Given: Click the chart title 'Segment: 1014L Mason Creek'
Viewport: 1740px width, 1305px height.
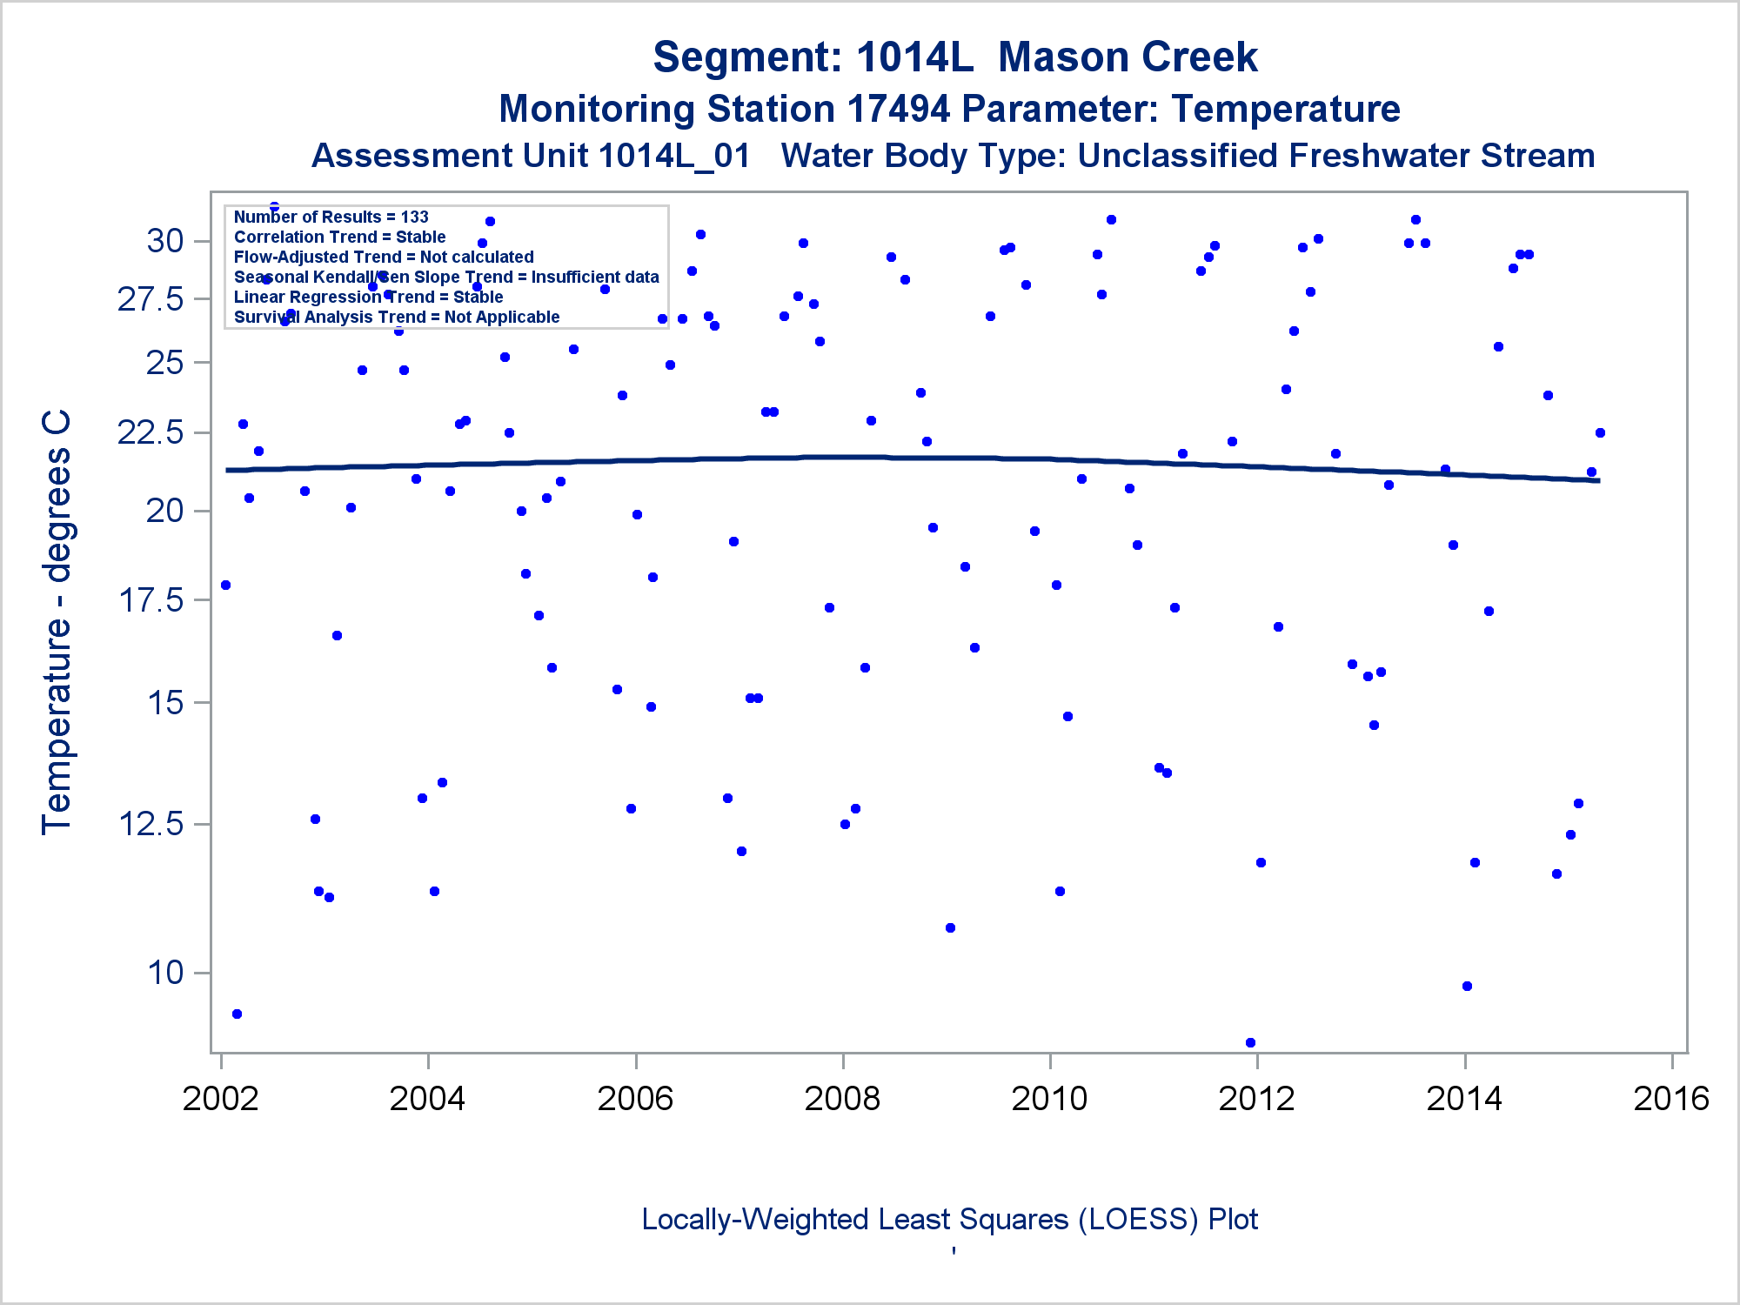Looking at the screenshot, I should (x=954, y=57).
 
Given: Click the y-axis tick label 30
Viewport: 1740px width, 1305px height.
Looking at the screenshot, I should (x=165, y=241).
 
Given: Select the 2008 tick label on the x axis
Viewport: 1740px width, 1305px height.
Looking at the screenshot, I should (x=842, y=1099).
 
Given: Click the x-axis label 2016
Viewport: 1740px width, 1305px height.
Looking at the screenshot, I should (x=1671, y=1099).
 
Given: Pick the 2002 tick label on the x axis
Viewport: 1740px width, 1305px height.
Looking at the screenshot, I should (x=220, y=1099).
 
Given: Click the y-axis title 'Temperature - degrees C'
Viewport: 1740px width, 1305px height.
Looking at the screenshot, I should (x=57, y=622).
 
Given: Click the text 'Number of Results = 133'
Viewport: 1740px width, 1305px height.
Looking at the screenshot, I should (x=331, y=217).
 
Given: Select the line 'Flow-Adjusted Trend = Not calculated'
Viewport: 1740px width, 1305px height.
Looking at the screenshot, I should (x=384, y=257).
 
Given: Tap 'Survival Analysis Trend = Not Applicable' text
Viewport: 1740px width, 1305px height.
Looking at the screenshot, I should (x=397, y=317).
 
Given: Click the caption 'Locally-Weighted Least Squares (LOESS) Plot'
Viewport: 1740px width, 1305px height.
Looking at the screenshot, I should (x=949, y=1219).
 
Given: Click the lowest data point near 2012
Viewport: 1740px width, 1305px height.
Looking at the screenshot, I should (x=1250, y=1042).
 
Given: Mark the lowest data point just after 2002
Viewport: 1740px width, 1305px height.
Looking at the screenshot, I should (x=237, y=1014).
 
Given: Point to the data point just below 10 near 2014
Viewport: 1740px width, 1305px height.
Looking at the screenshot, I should (x=1467, y=986).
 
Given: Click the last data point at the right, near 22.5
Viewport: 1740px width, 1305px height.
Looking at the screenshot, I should (x=1600, y=432).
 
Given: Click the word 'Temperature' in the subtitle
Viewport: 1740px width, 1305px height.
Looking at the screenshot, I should (x=1285, y=110).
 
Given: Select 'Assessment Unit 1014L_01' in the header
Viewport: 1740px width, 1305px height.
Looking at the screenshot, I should (x=531, y=156).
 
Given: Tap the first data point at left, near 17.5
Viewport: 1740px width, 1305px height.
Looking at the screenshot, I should (x=225, y=585).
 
